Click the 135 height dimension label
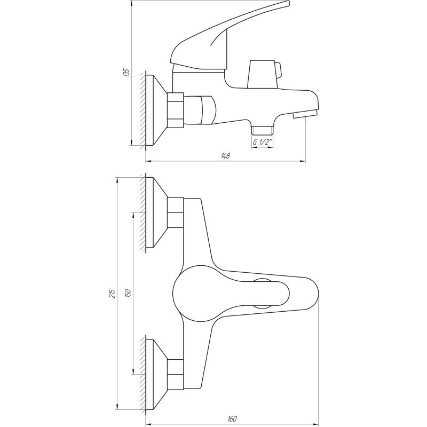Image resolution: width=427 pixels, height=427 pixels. (126, 73)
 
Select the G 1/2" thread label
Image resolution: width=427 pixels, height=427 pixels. (262, 142)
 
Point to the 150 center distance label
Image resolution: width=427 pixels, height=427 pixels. (128, 294)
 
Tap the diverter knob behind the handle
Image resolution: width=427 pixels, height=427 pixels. (264, 74)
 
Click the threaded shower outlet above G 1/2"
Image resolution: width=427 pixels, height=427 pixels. (262, 129)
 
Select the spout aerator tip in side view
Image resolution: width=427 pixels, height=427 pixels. (305, 114)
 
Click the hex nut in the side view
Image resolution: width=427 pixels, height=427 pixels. (175, 110)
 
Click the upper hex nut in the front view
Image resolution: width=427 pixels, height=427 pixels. (175, 212)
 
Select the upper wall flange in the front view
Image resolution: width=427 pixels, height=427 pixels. (157, 212)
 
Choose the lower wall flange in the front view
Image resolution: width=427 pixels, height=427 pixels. (157, 373)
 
